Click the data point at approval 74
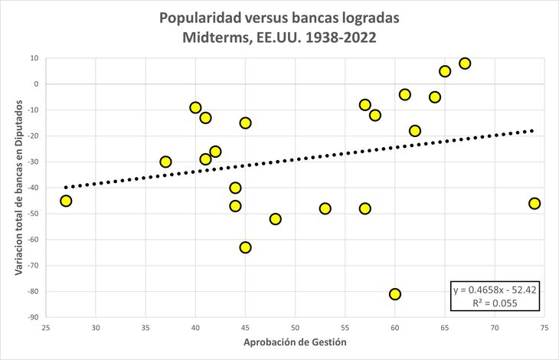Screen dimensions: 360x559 pyautogui.click(x=534, y=203)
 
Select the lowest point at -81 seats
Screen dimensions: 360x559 pyautogui.click(x=395, y=294)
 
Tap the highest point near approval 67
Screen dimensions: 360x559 pyautogui.click(x=465, y=64)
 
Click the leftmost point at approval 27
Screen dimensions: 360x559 pyautogui.click(x=66, y=201)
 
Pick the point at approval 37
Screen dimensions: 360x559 pyautogui.click(x=165, y=162)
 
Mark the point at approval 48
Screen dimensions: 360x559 pyautogui.click(x=276, y=219)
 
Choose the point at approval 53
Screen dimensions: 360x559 pyautogui.click(x=325, y=208)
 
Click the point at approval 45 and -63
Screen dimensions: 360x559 pyautogui.click(x=246, y=247)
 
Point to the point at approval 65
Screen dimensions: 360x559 pyautogui.click(x=445, y=71)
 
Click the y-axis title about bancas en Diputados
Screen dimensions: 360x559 pyautogui.click(x=19, y=188)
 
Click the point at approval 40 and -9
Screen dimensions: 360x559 pyautogui.click(x=196, y=108)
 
